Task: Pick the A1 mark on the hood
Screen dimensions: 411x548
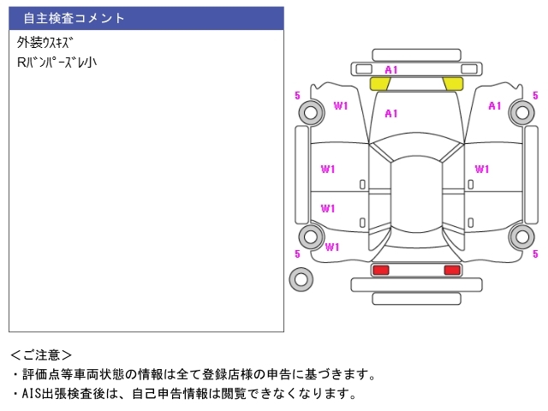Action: [391, 113]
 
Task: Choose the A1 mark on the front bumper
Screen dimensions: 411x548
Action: [391, 69]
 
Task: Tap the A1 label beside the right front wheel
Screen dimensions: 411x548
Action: [494, 106]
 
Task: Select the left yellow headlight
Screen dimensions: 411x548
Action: [380, 83]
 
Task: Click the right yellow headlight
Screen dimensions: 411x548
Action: [452, 83]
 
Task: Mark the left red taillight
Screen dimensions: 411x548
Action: [380, 270]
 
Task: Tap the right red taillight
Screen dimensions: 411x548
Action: [451, 270]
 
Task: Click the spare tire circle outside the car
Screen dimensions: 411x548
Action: [301, 278]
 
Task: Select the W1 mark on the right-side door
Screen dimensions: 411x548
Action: [482, 169]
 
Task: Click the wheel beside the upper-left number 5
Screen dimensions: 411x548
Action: [309, 111]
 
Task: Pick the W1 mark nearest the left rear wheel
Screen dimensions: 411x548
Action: [332, 247]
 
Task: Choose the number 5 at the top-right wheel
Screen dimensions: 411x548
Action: [535, 96]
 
